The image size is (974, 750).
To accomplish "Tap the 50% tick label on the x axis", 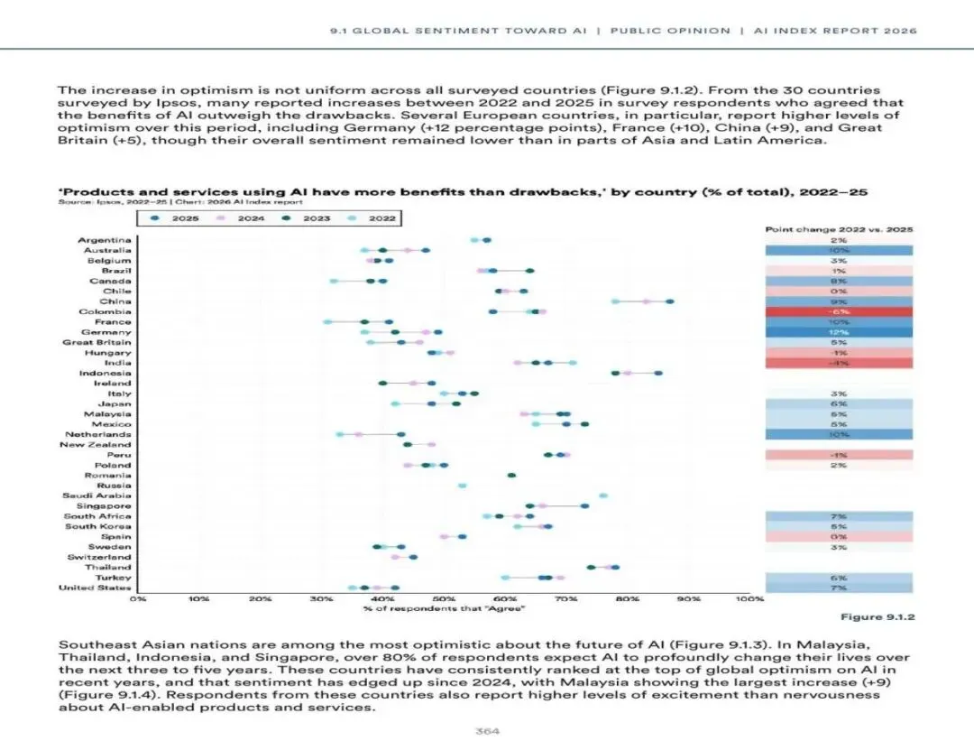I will (x=444, y=598).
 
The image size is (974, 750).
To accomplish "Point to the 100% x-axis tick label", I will (x=749, y=598).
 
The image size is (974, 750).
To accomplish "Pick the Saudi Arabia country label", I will (x=96, y=495).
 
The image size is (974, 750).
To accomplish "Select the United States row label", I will (x=95, y=588).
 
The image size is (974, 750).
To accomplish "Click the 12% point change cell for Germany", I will (x=839, y=332).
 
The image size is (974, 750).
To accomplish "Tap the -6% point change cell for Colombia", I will (x=839, y=311).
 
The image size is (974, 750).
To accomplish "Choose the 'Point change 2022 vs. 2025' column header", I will (x=839, y=229).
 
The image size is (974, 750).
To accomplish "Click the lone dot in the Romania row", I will (x=511, y=475).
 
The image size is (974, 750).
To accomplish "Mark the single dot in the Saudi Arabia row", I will (x=603, y=495).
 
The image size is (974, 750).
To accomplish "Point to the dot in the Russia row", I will (x=463, y=486).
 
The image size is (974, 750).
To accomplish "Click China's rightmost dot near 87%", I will (x=669, y=301).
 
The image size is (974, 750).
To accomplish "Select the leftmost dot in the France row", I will (x=327, y=322).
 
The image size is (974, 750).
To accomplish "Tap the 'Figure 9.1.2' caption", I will (x=878, y=617).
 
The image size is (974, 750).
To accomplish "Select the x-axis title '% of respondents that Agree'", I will (x=444, y=610).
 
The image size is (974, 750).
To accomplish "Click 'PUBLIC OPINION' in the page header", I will (x=670, y=31).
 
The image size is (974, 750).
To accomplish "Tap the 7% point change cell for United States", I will (x=839, y=588).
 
